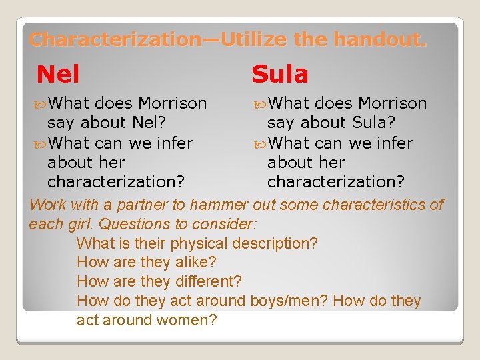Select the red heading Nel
tap(58, 74)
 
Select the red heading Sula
tap(279, 74)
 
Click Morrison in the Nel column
tap(172, 103)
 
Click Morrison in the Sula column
tap(392, 103)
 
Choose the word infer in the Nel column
tap(174, 143)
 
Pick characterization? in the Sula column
tap(329, 181)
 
